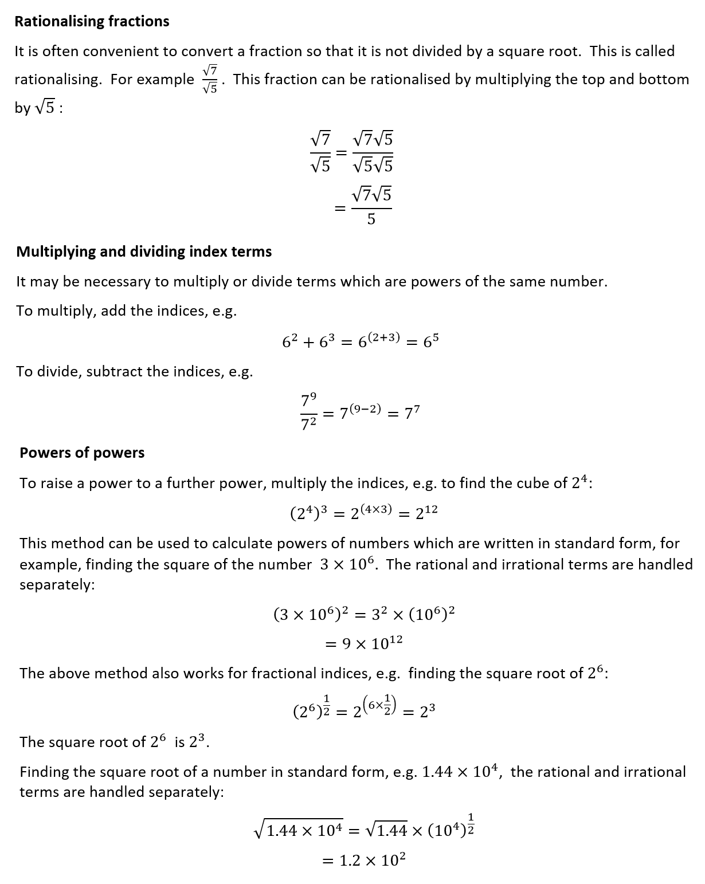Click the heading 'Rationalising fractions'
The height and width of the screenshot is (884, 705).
92,22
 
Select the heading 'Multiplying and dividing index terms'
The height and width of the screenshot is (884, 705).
144,252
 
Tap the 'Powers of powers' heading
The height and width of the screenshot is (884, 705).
82,453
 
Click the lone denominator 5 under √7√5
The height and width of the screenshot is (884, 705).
371,219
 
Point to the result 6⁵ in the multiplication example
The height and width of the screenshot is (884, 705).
431,341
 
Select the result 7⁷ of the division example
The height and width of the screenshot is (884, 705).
412,412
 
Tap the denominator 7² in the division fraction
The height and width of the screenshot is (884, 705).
309,424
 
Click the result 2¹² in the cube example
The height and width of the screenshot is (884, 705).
426,513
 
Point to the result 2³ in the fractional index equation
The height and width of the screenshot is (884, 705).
428,712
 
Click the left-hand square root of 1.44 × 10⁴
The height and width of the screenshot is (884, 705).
299,829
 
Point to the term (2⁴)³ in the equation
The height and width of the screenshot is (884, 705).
308,513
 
